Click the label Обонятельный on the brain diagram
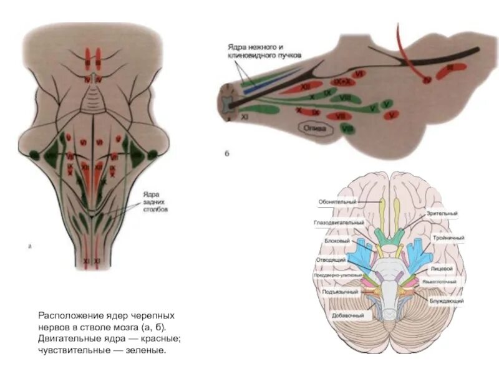337,202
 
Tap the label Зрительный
442,213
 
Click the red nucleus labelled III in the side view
445,69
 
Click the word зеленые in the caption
146,350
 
